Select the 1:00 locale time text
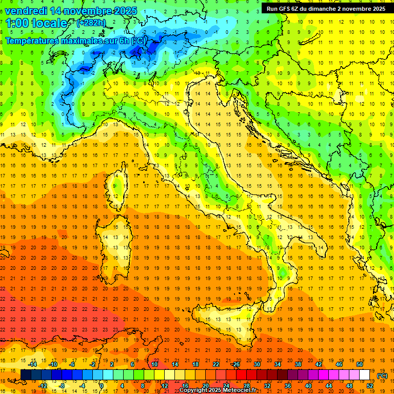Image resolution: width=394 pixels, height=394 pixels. (x=36, y=23)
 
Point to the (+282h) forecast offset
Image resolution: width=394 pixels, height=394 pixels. (x=92, y=23)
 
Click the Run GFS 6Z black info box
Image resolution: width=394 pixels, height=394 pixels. (x=326, y=9)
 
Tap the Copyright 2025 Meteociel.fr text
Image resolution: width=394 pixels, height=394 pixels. (x=221, y=390)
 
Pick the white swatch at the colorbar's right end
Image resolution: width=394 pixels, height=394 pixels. (x=364, y=375)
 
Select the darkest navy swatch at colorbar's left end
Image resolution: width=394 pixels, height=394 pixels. (x=26, y=375)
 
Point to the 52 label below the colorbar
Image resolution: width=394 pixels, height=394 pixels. (x=370, y=385)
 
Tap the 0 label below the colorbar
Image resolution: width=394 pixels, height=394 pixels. (x=102, y=385)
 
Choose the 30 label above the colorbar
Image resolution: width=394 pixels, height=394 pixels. (x=257, y=364)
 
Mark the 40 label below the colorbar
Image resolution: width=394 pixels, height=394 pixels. (x=308, y=385)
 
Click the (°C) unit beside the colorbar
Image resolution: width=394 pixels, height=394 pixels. (x=382, y=376)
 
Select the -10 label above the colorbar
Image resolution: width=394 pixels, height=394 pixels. (x=53, y=364)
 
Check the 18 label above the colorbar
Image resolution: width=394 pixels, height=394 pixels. (x=195, y=364)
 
